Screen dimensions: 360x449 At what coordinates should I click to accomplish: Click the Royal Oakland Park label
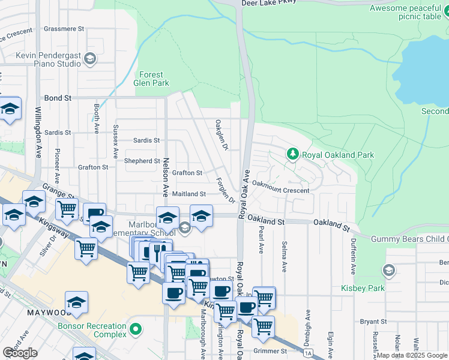pos(338,155)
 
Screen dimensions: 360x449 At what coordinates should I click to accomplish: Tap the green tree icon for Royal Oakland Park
pos(293,154)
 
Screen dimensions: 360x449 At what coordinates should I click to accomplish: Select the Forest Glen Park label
pos(154,79)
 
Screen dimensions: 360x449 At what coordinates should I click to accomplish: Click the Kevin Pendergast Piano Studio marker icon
pos(90,58)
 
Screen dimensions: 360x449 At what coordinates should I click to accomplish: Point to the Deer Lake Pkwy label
pos(270,3)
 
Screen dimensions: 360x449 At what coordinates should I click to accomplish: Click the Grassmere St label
pos(64,29)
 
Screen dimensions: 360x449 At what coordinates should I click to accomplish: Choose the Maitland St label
pos(188,194)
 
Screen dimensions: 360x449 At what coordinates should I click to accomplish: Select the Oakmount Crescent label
pos(280,190)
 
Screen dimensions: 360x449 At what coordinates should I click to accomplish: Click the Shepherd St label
pos(142,161)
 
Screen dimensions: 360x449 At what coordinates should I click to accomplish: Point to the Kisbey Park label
pos(385,289)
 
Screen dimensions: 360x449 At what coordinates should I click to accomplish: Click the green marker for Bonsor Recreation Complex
pos(136,329)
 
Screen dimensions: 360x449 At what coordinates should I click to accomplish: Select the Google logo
pos(20,353)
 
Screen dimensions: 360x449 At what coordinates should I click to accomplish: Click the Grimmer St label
pos(270,351)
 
